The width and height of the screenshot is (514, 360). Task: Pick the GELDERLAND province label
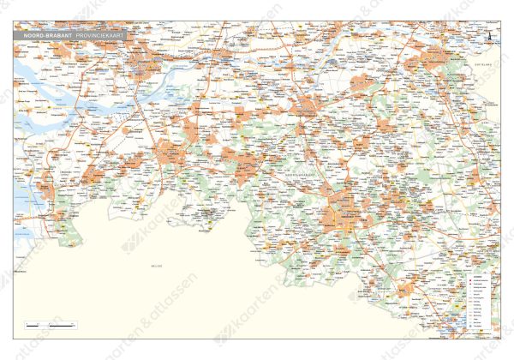pyautogui.click(x=484, y=63)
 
